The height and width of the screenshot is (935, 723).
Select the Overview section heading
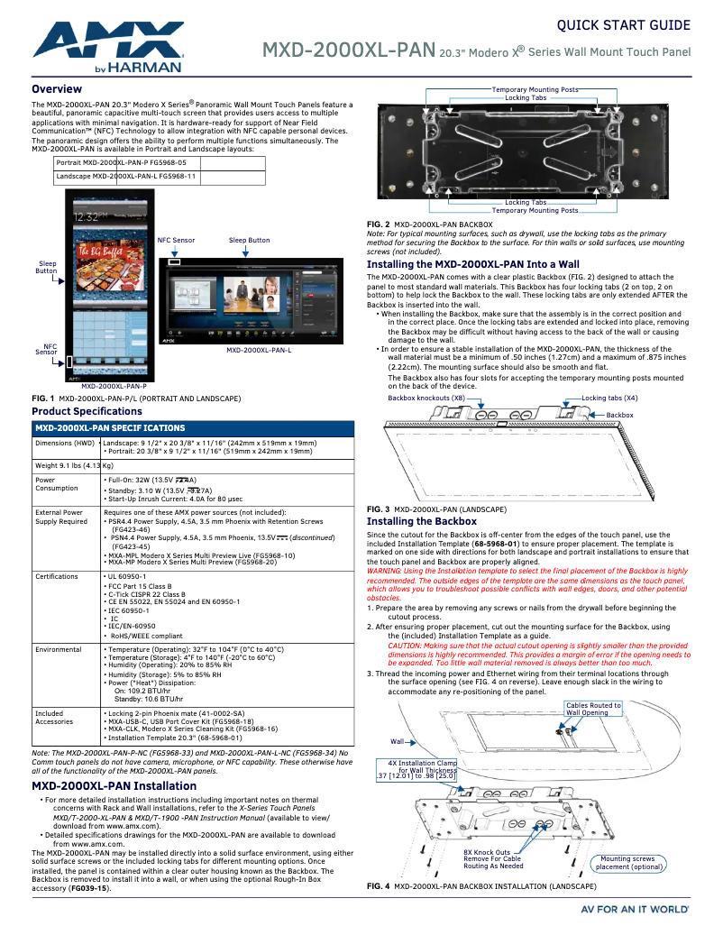[x=58, y=89]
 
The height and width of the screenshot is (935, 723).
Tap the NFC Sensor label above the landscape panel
[x=176, y=241]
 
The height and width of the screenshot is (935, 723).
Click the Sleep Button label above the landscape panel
[x=249, y=241]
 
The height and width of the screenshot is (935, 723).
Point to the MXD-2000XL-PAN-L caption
[x=258, y=350]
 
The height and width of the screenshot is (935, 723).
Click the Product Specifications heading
[x=87, y=411]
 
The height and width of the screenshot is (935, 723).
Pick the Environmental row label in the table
[x=59, y=649]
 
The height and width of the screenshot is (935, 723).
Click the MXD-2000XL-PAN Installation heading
[x=114, y=786]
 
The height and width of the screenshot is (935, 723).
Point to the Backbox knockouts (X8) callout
[x=426, y=398]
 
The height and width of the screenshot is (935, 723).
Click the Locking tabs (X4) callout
[x=609, y=398]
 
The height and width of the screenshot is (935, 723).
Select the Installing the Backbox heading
[x=421, y=521]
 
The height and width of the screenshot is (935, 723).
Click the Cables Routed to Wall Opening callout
[x=593, y=709]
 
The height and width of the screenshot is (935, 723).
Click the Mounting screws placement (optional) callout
[x=629, y=863]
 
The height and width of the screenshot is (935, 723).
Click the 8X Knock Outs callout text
[x=492, y=858]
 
